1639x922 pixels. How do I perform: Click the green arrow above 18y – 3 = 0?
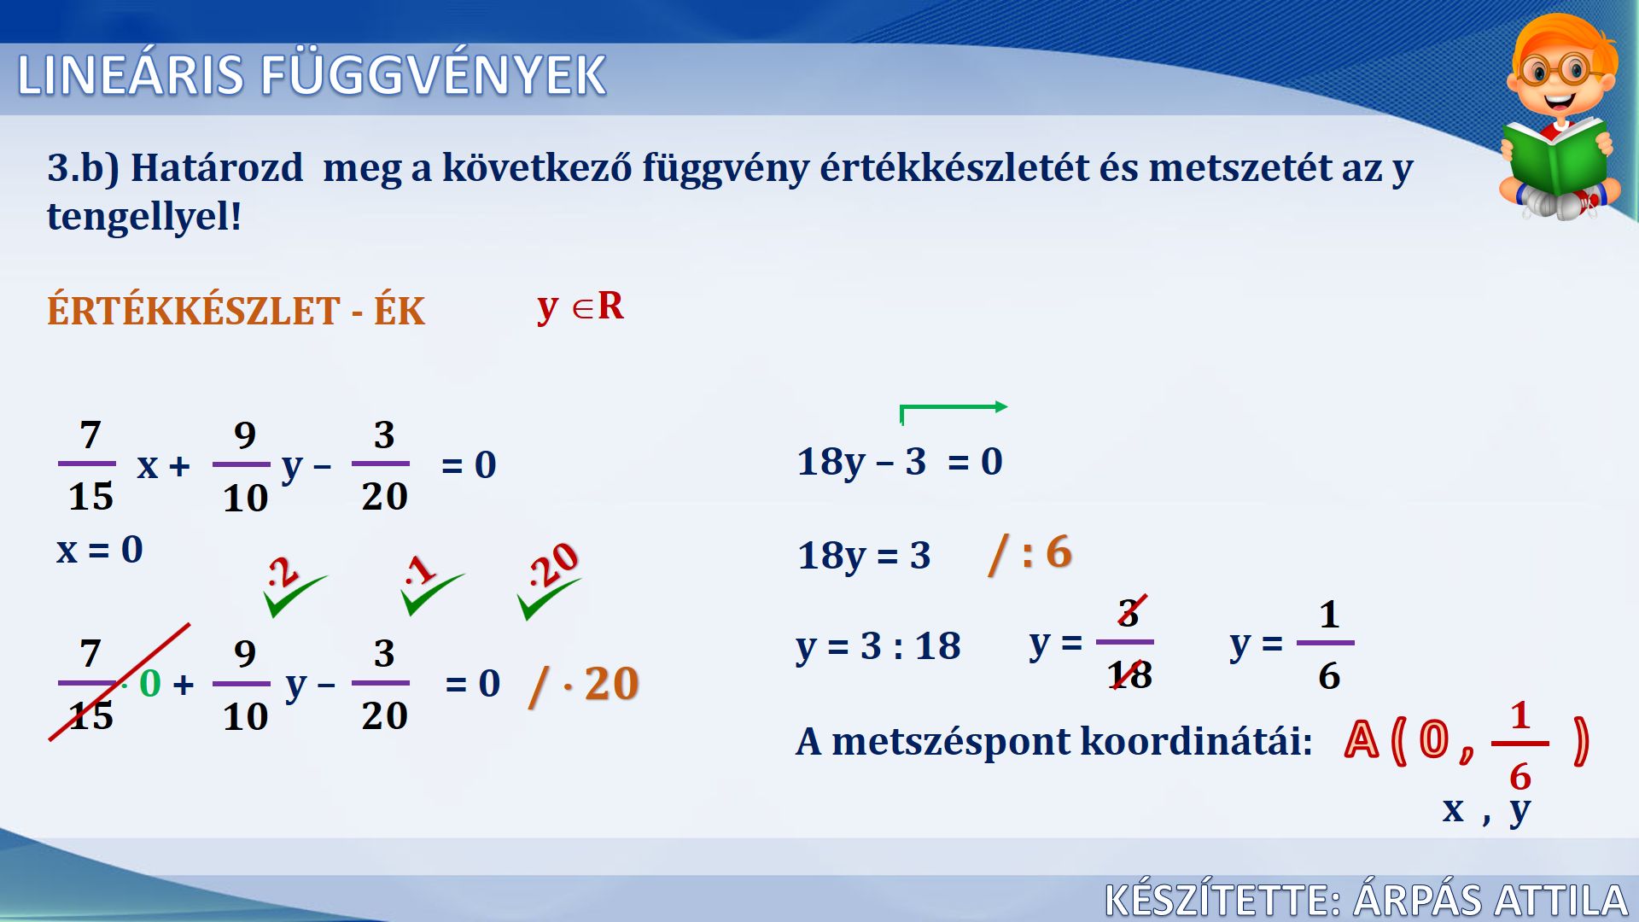954,407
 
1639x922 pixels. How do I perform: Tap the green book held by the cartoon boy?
1555,157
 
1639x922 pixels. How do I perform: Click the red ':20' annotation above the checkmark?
553,564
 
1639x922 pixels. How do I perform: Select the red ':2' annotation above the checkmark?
283,572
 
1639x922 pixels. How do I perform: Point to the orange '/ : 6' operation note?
1029,553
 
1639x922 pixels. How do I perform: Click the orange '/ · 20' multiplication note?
584,685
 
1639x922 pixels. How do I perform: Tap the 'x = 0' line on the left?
100,549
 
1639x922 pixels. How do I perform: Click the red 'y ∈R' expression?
580,306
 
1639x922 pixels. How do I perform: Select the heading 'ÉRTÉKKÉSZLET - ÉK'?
236,310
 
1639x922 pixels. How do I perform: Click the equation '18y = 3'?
864,556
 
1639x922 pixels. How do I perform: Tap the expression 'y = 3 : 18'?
878,646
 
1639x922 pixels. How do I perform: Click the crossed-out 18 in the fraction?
1129,675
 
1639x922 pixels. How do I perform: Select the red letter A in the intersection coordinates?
1362,739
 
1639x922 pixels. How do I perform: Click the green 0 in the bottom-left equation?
150,683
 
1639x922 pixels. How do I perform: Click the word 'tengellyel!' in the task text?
144,217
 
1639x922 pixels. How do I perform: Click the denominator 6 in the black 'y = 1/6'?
1329,676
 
